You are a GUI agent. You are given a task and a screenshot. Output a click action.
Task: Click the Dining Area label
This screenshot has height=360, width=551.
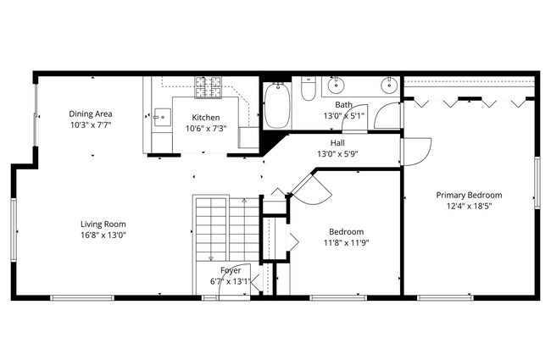click(91, 114)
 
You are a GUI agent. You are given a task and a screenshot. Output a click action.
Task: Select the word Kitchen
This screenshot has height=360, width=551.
click(206, 118)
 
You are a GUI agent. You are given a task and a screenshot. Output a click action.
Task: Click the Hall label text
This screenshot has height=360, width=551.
click(337, 143)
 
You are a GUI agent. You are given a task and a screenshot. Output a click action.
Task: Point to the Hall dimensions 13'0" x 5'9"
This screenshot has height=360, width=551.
click(337, 154)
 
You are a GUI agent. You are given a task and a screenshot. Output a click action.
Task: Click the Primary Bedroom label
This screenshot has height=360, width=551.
click(469, 194)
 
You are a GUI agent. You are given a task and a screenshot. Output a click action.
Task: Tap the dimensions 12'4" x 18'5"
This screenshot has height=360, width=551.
click(469, 205)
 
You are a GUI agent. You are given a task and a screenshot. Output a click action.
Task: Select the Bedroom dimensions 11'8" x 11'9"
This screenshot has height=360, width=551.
click(346, 243)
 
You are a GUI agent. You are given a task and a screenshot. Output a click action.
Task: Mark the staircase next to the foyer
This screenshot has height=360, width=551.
click(212, 229)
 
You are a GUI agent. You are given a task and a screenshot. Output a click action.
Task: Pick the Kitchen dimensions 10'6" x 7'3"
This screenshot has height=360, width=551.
click(206, 129)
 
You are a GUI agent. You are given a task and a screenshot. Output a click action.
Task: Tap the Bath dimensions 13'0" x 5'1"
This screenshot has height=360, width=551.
click(343, 115)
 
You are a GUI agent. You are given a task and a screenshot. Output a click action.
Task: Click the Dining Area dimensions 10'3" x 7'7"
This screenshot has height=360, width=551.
click(91, 125)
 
